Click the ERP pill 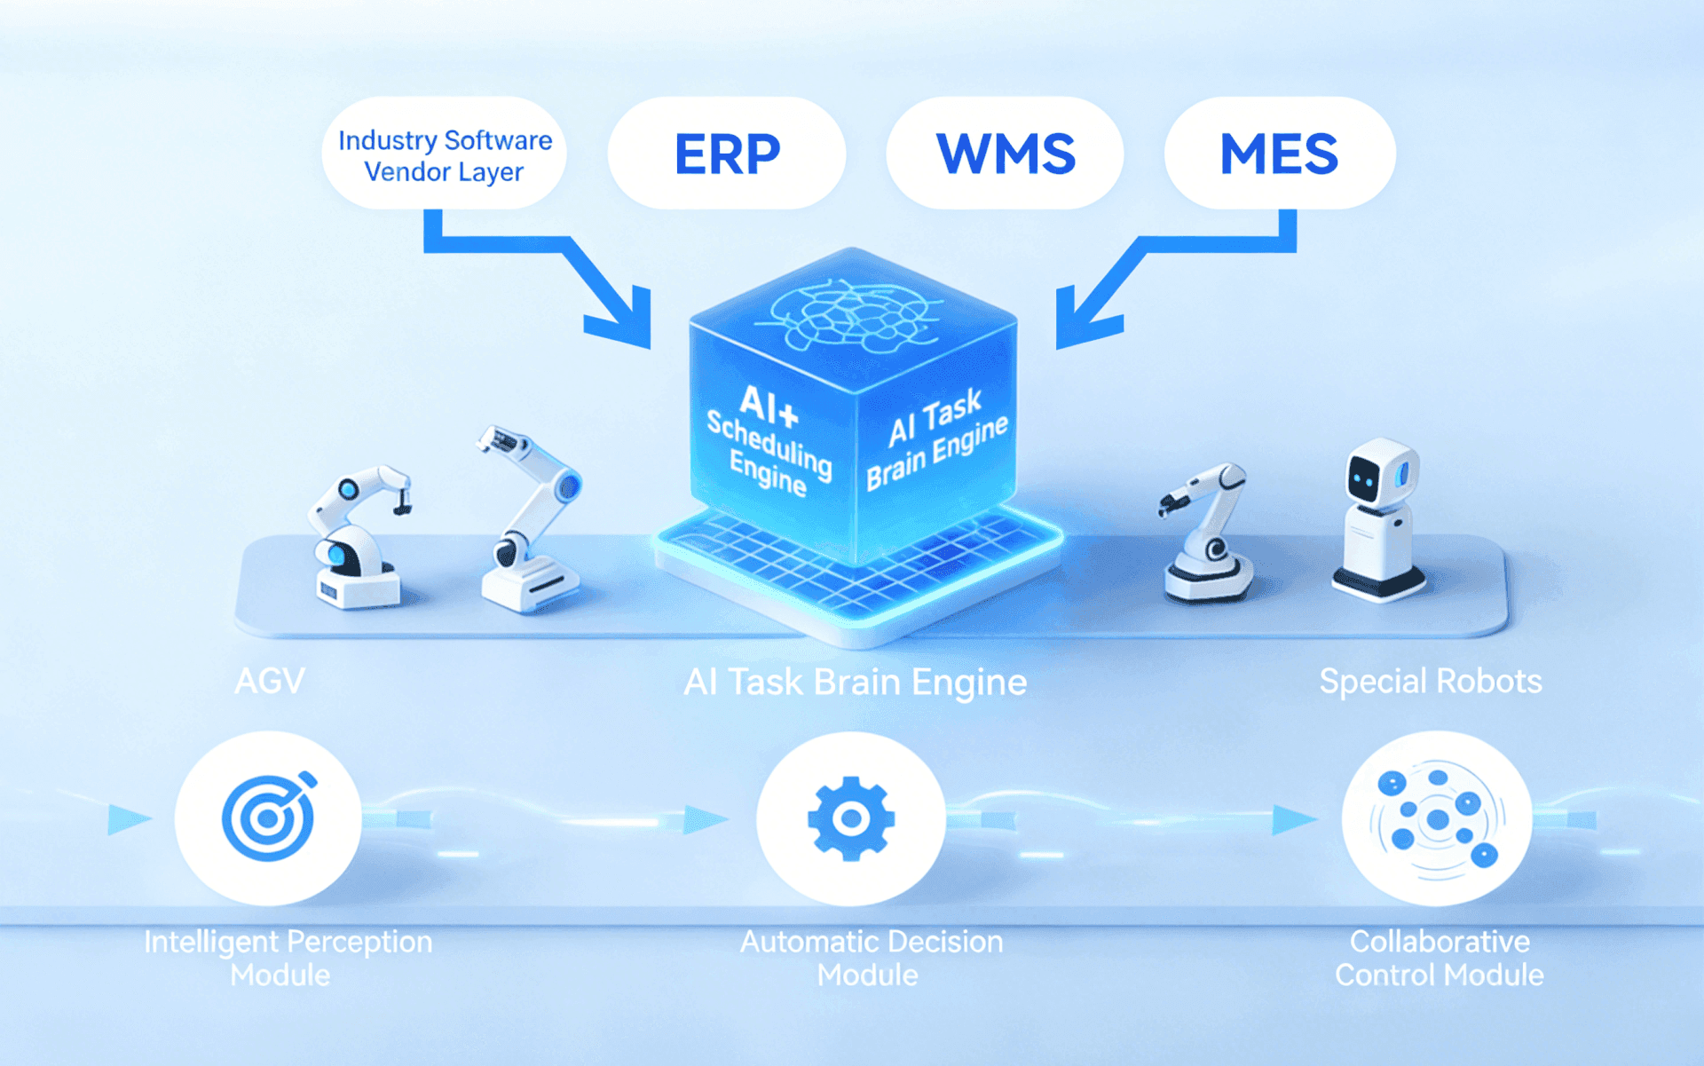pyautogui.click(x=727, y=154)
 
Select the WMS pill pyautogui.click(x=1006, y=154)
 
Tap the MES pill pyautogui.click(x=1279, y=154)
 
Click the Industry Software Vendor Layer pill pyautogui.click(x=445, y=154)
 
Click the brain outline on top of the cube pyautogui.click(x=851, y=315)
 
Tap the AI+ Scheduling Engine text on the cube pyautogui.click(x=769, y=440)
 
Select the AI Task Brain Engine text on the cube pyautogui.click(x=937, y=438)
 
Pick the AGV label pyautogui.click(x=270, y=681)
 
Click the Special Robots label pyautogui.click(x=1430, y=681)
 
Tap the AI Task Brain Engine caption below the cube pyautogui.click(x=855, y=682)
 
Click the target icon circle pyautogui.click(x=268, y=817)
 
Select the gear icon pyautogui.click(x=851, y=817)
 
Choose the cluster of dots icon pyautogui.click(x=1437, y=817)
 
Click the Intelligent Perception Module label pyautogui.click(x=288, y=958)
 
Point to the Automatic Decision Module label pyautogui.click(x=871, y=958)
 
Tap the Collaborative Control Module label pyautogui.click(x=1439, y=958)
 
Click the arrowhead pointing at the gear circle pyautogui.click(x=705, y=818)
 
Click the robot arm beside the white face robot pyautogui.click(x=1207, y=533)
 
